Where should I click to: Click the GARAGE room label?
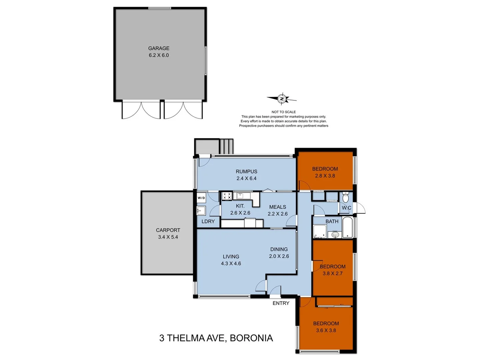[x=159, y=48]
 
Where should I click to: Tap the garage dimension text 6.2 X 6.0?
[x=159, y=55]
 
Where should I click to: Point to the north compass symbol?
[x=282, y=99]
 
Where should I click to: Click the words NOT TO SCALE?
[x=284, y=112]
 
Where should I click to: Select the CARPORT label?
[x=168, y=230]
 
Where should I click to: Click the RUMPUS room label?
[x=246, y=172]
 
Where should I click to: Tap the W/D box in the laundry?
[x=201, y=198]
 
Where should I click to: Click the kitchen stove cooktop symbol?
[x=227, y=196]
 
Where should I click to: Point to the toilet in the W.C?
[x=346, y=198]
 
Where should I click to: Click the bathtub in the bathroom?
[x=347, y=228]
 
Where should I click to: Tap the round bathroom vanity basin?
[x=335, y=235]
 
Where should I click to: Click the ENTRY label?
[x=281, y=303]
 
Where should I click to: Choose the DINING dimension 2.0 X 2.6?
[x=279, y=256]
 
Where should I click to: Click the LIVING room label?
[x=231, y=257]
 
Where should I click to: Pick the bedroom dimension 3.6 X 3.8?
[x=326, y=331]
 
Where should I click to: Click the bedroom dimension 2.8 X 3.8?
[x=325, y=176]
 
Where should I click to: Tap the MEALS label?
[x=278, y=207]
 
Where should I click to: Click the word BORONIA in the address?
[x=251, y=338]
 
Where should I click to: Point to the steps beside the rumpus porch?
[x=227, y=146]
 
